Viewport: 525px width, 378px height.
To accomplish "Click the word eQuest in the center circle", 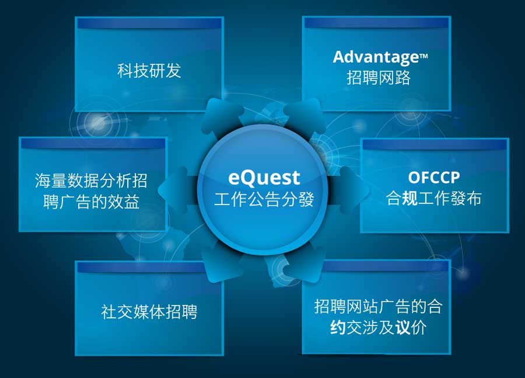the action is coord(264,178).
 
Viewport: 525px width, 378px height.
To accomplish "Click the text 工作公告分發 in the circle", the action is coord(264,199).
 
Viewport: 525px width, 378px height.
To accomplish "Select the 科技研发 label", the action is coord(149,71).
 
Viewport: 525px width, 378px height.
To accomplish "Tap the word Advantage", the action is coord(376,57).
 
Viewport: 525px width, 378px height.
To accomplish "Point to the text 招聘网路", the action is coord(379,78).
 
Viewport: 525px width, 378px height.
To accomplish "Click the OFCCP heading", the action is coord(434,178).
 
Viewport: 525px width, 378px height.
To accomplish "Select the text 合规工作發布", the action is coord(434,198).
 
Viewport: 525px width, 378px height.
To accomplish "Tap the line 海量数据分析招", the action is coord(91,181).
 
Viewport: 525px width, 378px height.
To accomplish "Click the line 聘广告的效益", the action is coord(91,202).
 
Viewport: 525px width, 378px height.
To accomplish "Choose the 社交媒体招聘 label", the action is coord(149,311).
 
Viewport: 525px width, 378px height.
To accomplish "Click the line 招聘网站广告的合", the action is coord(379,306).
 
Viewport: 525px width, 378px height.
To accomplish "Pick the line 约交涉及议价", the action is coord(379,327).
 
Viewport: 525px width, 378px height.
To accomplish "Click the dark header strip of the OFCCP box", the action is coord(435,144).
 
